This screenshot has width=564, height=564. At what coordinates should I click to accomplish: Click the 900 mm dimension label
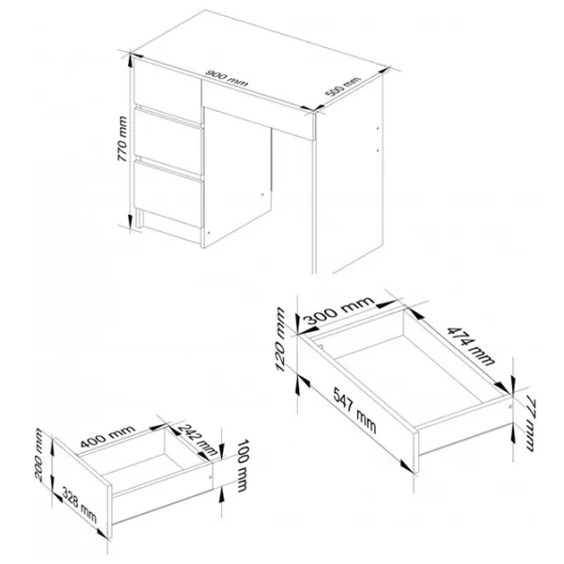(227, 79)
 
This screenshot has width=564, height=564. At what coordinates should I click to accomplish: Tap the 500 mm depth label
(343, 86)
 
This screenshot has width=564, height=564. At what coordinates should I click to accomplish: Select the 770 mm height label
(122, 138)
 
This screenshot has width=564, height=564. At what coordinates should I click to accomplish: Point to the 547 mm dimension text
(354, 411)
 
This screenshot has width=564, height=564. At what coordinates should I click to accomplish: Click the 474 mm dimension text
(471, 346)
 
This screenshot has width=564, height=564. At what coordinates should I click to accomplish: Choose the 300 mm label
(338, 310)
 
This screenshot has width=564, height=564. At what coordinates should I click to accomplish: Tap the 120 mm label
(280, 339)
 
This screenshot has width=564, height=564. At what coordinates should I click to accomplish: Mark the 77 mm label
(530, 423)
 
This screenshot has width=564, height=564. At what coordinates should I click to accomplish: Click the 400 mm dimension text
(107, 436)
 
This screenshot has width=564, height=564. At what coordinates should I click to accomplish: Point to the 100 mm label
(243, 465)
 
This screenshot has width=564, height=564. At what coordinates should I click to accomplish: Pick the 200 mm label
(39, 454)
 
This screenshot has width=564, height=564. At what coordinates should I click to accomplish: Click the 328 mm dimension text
(79, 504)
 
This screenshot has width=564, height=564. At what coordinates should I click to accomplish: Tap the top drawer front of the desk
(167, 91)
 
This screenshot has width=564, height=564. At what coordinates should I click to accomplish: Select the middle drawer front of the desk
(168, 142)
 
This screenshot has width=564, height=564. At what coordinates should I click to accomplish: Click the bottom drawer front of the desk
(168, 194)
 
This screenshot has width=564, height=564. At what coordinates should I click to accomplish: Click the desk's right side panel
(350, 173)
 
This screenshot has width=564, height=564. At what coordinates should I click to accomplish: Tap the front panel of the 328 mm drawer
(83, 488)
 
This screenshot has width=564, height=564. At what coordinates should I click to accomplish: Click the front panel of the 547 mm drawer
(358, 403)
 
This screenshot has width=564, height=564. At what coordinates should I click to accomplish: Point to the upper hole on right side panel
(377, 128)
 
